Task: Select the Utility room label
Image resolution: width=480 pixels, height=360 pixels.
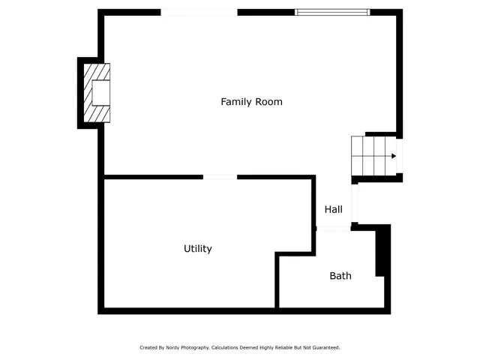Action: pyautogui.click(x=198, y=249)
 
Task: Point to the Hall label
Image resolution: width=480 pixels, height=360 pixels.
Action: pyautogui.click(x=334, y=209)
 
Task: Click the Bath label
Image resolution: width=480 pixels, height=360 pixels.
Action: pyautogui.click(x=340, y=276)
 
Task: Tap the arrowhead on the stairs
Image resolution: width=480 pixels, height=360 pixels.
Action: pyautogui.click(x=394, y=156)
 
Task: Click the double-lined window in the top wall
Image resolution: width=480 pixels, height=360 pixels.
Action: pyautogui.click(x=332, y=12)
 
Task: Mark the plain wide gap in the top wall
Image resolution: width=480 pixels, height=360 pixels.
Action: pyautogui.click(x=199, y=12)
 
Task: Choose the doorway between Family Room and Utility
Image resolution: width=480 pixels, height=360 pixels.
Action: pyautogui.click(x=220, y=177)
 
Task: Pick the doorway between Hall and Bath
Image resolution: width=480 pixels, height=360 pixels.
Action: pyautogui.click(x=334, y=229)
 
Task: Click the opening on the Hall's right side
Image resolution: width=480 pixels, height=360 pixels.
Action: pyautogui.click(x=355, y=203)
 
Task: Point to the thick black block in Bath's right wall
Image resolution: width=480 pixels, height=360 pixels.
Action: pyautogui.click(x=381, y=252)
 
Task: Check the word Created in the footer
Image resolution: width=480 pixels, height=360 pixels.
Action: pyautogui.click(x=148, y=348)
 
